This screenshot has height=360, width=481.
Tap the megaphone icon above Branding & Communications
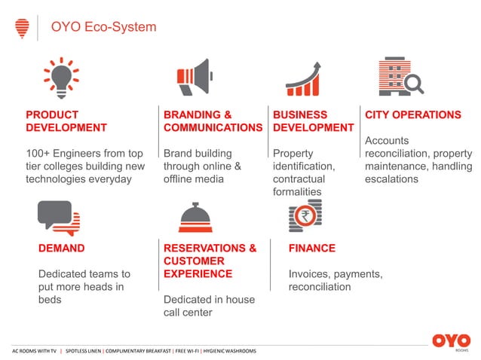[x=195, y=77]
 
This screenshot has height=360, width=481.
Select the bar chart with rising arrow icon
[x=305, y=78]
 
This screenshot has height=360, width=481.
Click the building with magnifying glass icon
[x=398, y=76]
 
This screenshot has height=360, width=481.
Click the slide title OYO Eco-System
[x=103, y=28]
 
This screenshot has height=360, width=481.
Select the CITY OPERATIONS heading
[x=412, y=115]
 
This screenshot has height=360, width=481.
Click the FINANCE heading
[x=311, y=248]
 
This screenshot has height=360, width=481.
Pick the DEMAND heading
[x=61, y=248]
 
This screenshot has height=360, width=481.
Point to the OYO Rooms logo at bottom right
[x=451, y=342]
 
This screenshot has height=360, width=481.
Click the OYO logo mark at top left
[x=22, y=29]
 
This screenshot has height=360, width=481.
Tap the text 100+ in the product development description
[x=38, y=154]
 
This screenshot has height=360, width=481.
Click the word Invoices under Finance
[x=310, y=274]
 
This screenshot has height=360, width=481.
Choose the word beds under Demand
[x=50, y=300]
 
